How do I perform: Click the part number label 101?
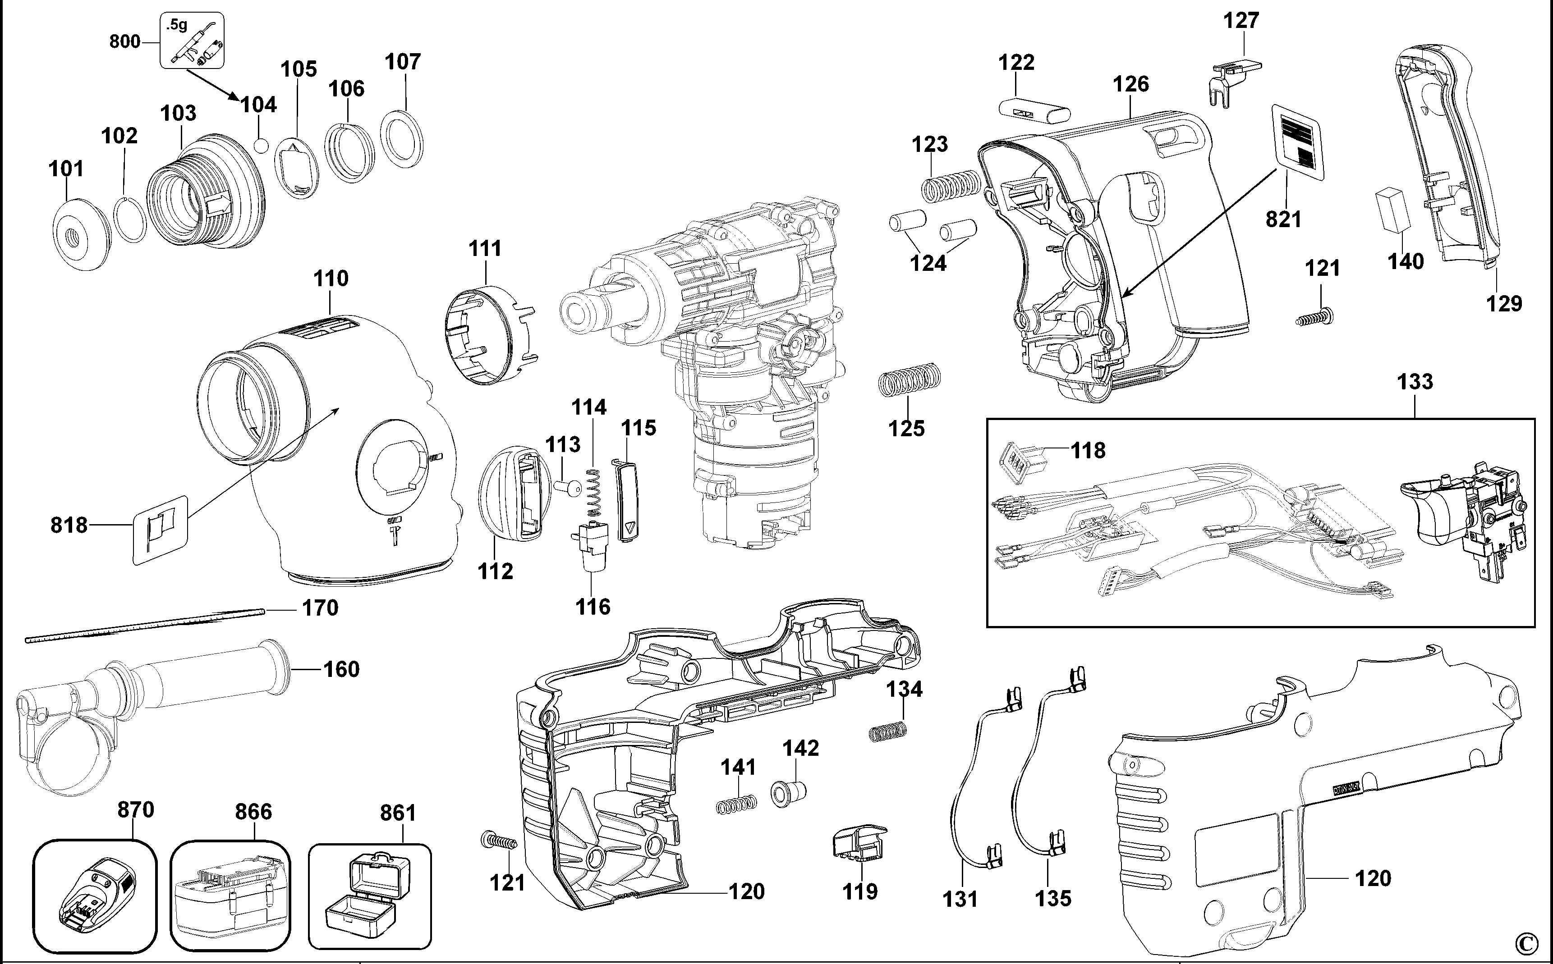(66, 169)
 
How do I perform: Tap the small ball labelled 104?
(260, 145)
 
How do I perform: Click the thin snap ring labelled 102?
(131, 219)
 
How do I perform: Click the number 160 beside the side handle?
(341, 669)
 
